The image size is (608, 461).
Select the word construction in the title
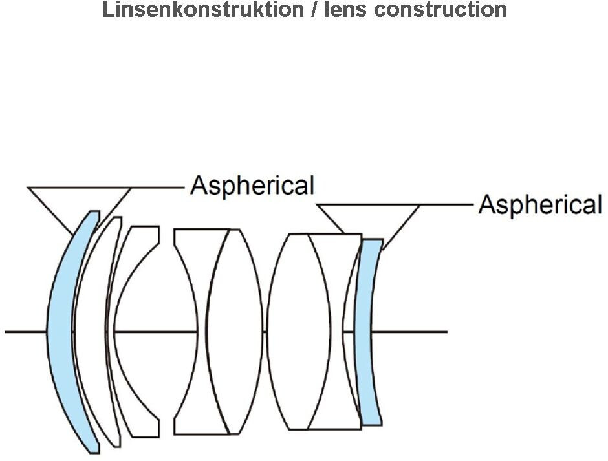click(x=440, y=10)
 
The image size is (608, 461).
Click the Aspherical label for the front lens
click(x=252, y=186)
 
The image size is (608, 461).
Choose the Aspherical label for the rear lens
click(x=540, y=205)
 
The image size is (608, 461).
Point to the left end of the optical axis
click(x=6, y=332)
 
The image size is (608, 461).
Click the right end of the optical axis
click(x=446, y=332)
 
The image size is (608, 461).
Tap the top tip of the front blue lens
click(x=94, y=212)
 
